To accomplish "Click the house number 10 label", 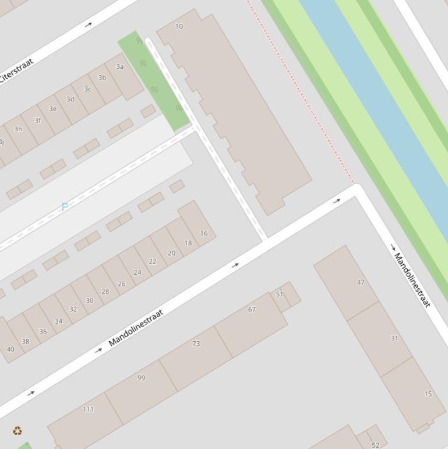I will (x=179, y=26).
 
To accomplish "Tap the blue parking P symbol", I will (x=65, y=206).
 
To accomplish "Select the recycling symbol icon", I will (x=17, y=431).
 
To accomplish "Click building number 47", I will (x=361, y=282).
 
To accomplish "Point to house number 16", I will (x=203, y=233).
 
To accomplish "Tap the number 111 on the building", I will (x=88, y=409).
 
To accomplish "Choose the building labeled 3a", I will (x=119, y=66).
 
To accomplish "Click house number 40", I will (x=10, y=349).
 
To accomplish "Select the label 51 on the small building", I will (x=279, y=294).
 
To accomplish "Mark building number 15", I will (x=428, y=394).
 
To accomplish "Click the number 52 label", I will (x=375, y=445).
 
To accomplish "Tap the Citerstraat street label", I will (x=16, y=70).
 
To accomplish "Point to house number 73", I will (x=196, y=344).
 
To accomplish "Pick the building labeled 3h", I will (x=17, y=129).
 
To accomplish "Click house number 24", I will (x=137, y=272).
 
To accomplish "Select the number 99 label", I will (x=141, y=378).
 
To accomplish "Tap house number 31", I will (x=394, y=338).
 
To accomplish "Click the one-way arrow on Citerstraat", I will (x=89, y=24).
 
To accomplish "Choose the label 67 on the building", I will (x=252, y=310).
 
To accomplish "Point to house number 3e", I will (x=52, y=109).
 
